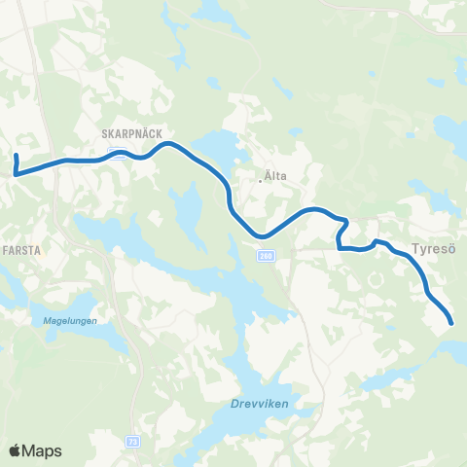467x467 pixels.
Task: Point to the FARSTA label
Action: pos(21,250)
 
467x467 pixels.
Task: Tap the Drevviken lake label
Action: pos(262,404)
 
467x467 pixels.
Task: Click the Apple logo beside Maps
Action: pos(16,450)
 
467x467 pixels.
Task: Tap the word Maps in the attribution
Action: pos(44,450)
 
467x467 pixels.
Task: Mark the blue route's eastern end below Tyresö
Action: pos(451,323)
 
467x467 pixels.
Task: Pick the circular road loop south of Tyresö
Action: pos(375,280)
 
